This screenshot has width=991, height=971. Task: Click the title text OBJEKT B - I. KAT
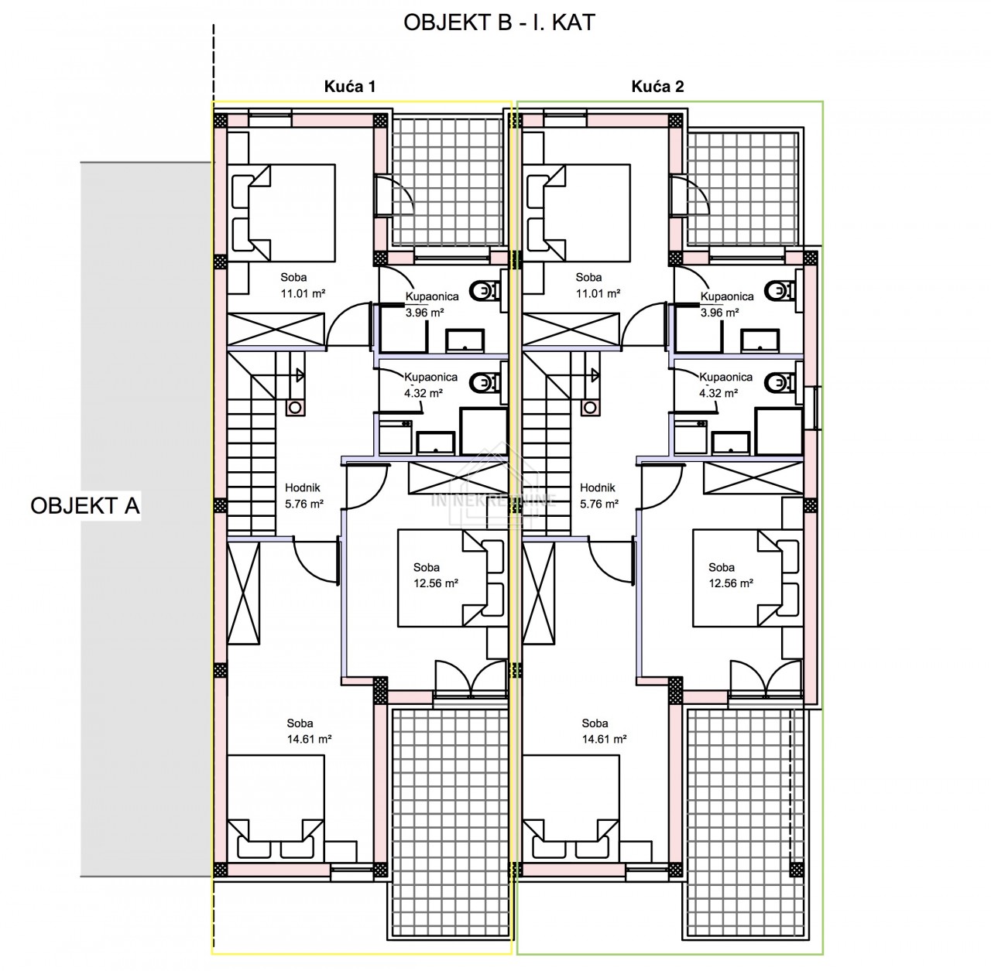(499, 22)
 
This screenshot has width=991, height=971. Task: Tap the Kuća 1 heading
(350, 87)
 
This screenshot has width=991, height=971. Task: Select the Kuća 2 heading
(658, 87)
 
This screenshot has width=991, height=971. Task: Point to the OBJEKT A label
(85, 506)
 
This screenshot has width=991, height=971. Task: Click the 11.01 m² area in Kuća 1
(303, 293)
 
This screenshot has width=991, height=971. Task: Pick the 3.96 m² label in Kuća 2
(719, 313)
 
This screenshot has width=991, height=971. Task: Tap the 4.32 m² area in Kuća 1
(423, 393)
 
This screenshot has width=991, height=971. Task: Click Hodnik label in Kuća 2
(597, 487)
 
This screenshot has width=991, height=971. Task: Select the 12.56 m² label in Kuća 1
(436, 583)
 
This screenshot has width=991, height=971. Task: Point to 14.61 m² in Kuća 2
(604, 739)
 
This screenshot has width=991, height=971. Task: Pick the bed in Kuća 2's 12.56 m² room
(747, 578)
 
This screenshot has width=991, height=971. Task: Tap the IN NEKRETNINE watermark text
(494, 501)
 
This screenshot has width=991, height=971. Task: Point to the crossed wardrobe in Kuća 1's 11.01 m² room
(276, 329)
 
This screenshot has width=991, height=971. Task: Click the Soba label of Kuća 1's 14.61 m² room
(300, 723)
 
